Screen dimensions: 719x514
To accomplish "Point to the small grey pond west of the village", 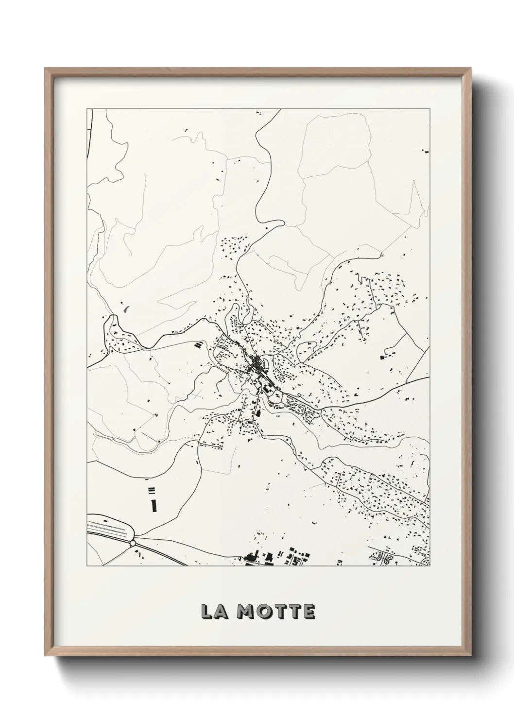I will (127, 308).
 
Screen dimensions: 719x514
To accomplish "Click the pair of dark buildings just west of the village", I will (198, 345).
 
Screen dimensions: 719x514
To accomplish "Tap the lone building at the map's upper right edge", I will (427, 152).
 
